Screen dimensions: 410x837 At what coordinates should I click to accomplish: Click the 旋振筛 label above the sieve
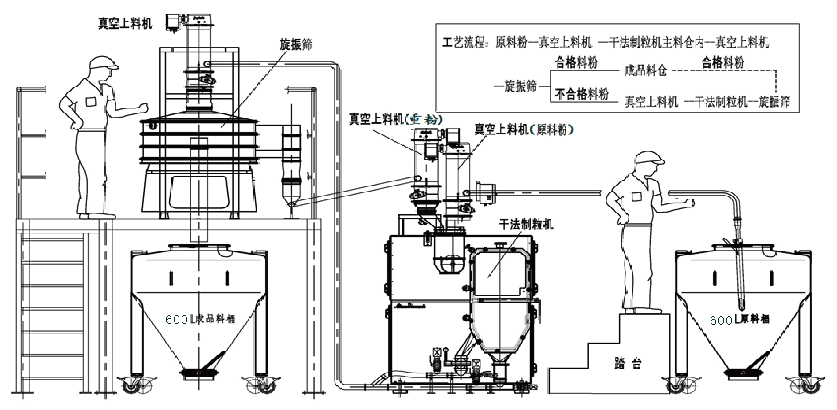[x=296, y=44]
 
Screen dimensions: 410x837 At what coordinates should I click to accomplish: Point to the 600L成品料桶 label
[x=200, y=319]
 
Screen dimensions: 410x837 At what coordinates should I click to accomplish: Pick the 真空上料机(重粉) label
[x=395, y=119]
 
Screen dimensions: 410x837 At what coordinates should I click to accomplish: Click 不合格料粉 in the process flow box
[x=581, y=94]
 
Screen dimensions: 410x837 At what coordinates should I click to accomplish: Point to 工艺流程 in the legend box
[x=466, y=42]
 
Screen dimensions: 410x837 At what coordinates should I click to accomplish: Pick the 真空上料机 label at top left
[x=125, y=23]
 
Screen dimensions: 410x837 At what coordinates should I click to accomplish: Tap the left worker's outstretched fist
[x=143, y=107]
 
